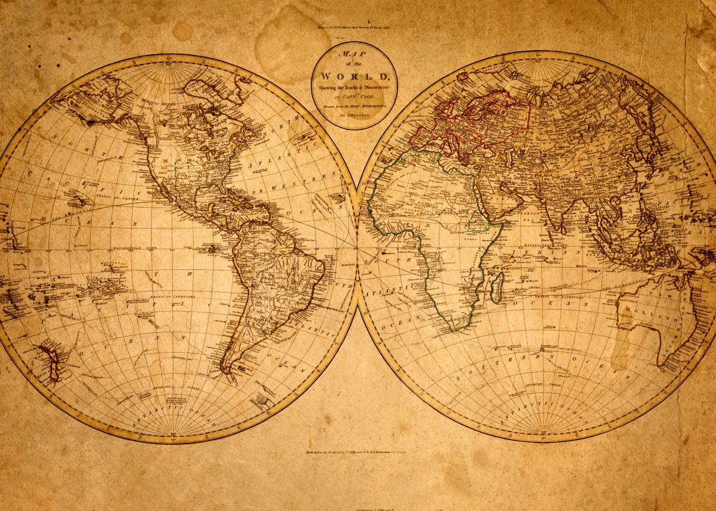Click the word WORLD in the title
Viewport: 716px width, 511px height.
click(x=354, y=76)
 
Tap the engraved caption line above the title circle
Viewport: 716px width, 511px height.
click(x=354, y=27)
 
